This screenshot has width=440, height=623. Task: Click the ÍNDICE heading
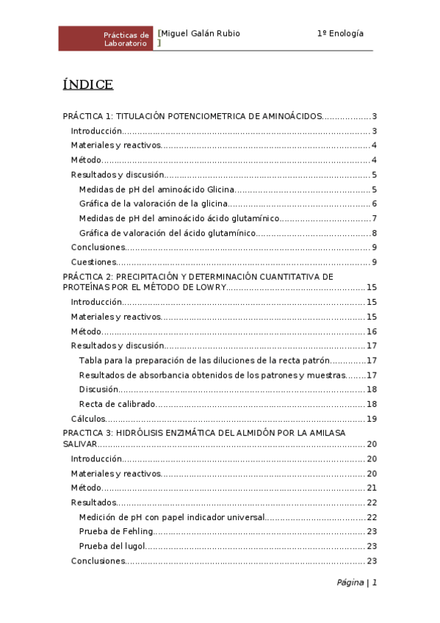pos(88,84)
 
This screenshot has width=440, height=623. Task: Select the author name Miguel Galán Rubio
pos(200,34)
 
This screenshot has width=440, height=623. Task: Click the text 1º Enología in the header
pos(340,34)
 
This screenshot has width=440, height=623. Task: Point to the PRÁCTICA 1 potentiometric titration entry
pos(192,116)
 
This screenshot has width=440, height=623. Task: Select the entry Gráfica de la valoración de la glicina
pos(154,204)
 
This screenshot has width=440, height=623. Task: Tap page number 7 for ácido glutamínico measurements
pos(374,218)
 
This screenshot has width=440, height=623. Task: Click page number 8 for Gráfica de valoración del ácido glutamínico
pos(374,233)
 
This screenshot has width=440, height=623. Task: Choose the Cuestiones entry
pos(93,262)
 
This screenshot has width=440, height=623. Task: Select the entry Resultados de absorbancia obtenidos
pos(212,375)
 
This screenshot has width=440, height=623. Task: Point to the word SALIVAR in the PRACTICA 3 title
pos(79,444)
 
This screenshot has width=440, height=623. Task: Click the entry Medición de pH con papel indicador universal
pos(170,517)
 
